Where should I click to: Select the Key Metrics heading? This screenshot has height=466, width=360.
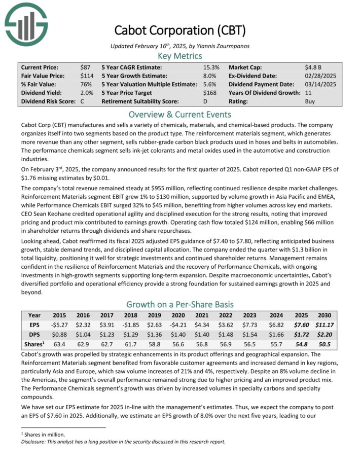click(179, 56)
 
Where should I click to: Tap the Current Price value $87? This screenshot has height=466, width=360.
click(86, 67)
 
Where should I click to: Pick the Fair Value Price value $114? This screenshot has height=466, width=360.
click(87, 76)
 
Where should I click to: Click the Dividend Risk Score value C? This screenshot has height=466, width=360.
click(82, 101)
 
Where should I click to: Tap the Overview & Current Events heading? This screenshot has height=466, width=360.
click(179, 114)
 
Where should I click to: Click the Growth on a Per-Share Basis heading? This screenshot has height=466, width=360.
click(179, 304)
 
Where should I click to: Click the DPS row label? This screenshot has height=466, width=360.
click(34, 335)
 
